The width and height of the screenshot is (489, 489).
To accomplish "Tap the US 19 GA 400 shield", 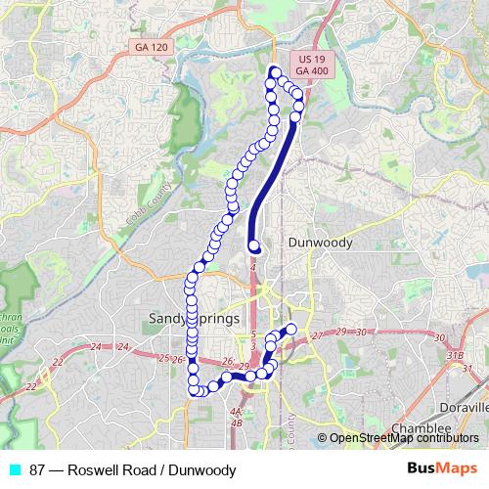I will (x=312, y=66).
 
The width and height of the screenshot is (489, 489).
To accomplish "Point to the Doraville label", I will (x=464, y=406).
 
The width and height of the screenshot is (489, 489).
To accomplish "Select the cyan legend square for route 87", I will (x=14, y=469).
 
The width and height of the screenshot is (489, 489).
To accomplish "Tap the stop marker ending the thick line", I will (x=254, y=245).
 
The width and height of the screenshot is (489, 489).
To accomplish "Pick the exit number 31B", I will (x=453, y=354).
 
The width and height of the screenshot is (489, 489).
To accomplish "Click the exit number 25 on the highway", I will (x=163, y=358).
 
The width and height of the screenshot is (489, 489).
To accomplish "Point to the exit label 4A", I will (x=235, y=412).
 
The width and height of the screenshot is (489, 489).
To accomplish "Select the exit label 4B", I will (x=235, y=423).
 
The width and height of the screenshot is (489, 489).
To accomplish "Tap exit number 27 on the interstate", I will (x=316, y=336).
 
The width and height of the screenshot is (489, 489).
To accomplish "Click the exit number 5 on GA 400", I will (x=252, y=334).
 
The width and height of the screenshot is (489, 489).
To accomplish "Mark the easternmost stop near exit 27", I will (x=290, y=328).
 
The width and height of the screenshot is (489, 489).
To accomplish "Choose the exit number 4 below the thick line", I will (x=253, y=265).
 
